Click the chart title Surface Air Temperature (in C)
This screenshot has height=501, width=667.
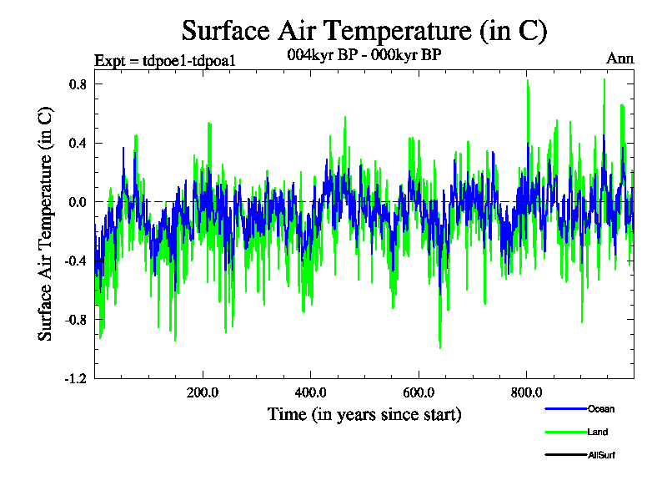point(364,31)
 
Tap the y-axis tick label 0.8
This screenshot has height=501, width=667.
point(79,84)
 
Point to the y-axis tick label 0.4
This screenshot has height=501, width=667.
point(79,143)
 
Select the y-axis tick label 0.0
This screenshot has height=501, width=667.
point(79,202)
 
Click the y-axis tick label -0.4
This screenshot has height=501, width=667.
point(78,261)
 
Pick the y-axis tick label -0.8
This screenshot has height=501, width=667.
point(78,320)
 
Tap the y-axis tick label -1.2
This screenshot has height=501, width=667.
point(78,378)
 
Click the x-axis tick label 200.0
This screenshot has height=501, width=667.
point(203,392)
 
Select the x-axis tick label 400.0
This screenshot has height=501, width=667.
point(311,392)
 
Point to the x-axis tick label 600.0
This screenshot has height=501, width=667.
point(419,392)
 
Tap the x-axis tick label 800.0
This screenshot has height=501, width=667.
point(527,392)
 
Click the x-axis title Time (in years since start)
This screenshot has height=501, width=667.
point(364,414)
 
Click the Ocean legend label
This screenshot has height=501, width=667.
point(601,409)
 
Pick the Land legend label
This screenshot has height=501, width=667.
point(598,433)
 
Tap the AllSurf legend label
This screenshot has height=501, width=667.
point(602,456)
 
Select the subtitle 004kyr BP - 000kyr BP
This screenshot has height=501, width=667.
point(364,54)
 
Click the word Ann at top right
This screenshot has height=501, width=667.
point(619,58)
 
